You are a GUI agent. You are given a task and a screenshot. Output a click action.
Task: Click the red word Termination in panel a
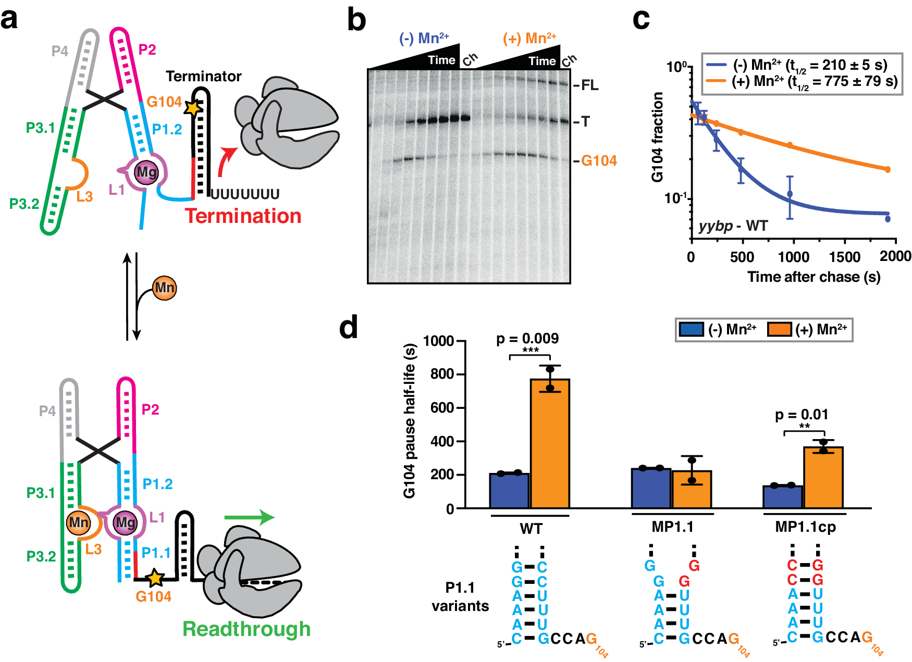pos(243,216)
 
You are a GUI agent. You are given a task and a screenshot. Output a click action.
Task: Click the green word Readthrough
pos(246,629)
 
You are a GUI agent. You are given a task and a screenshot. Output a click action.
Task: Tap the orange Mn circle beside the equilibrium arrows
pos(165,288)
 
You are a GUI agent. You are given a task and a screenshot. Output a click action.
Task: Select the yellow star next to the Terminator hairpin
pos(193,108)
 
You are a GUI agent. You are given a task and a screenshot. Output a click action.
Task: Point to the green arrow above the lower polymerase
pos(249,517)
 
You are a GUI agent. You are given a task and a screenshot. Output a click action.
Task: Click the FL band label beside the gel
pos(589,85)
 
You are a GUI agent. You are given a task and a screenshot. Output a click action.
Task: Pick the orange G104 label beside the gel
pos(599,160)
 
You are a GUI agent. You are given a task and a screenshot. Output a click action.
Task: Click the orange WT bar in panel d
pos(550,443)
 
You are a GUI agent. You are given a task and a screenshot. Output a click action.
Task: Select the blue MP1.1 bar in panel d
pos(651,488)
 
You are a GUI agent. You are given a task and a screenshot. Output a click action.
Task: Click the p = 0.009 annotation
pos(527,339)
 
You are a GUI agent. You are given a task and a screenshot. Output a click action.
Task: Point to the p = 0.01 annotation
pos(802,415)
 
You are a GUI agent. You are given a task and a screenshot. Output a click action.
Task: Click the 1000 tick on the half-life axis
pos(438,341)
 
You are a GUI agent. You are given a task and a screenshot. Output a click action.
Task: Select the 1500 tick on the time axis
pos(844,257)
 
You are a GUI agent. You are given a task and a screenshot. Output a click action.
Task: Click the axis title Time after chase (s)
pos(814,277)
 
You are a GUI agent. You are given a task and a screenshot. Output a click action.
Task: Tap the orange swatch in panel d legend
pos(779,330)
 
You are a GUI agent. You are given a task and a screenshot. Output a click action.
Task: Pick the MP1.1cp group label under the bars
pos(805,527)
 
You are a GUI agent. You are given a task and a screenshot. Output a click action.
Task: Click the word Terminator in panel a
pos(203,77)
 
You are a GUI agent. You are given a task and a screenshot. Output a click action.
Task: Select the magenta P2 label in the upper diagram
pos(147,49)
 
